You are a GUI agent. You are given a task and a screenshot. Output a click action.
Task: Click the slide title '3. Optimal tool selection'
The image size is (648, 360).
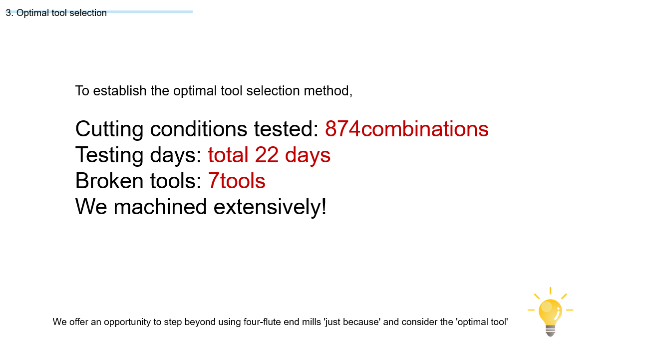56,13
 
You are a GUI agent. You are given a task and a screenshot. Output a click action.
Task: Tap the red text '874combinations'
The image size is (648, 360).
406,129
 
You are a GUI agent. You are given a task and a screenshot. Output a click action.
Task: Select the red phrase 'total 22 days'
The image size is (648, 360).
269,155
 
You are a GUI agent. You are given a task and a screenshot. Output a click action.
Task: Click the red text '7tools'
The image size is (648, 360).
237,181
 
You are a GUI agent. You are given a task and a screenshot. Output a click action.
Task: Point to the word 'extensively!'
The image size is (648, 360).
270,207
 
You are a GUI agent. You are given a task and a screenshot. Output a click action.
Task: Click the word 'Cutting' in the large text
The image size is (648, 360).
109,129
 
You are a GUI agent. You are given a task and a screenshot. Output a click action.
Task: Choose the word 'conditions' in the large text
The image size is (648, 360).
199,129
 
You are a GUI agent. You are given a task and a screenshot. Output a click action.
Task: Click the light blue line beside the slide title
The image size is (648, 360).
150,11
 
